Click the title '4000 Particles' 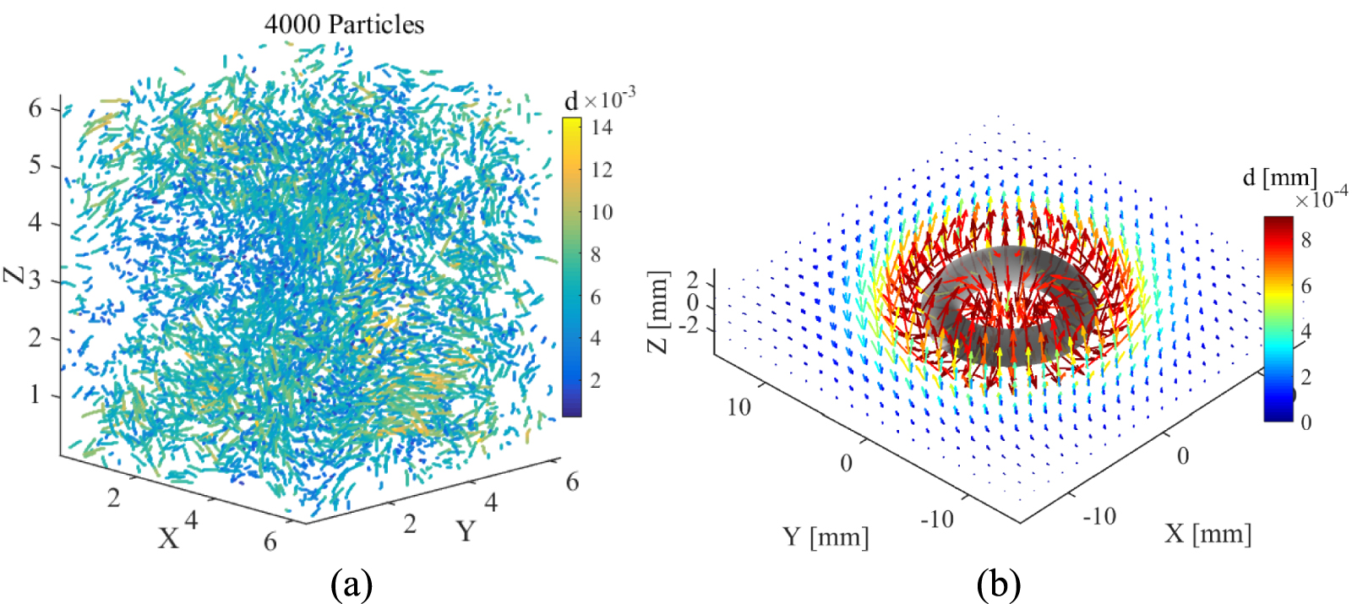click(344, 24)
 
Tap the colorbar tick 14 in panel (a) click(602, 128)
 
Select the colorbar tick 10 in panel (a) click(602, 212)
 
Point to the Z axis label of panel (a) click(14, 275)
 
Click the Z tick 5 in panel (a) click(35, 165)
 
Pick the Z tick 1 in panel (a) click(35, 395)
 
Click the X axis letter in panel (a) click(169, 538)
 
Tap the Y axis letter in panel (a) click(466, 531)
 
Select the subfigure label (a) click(352, 584)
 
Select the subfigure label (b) click(999, 584)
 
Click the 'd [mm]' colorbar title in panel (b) click(1279, 177)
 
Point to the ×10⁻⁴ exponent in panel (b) click(1321, 199)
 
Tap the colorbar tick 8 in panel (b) click(1306, 240)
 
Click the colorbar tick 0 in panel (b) click(1306, 422)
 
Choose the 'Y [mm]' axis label click(825, 536)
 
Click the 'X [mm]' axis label click(1208, 533)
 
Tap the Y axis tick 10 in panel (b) click(739, 406)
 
